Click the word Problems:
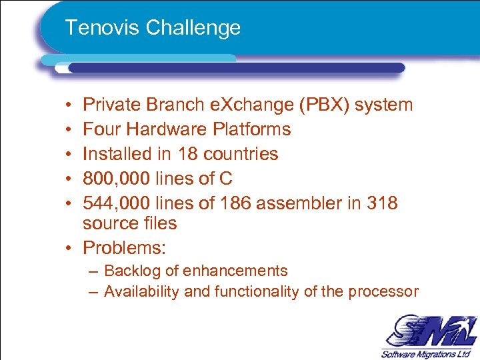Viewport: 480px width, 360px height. pos(124,248)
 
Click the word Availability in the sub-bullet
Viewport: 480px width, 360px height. pos(138,291)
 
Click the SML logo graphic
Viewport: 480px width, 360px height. pos(427,331)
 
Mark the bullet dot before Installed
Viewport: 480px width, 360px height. pos(70,154)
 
